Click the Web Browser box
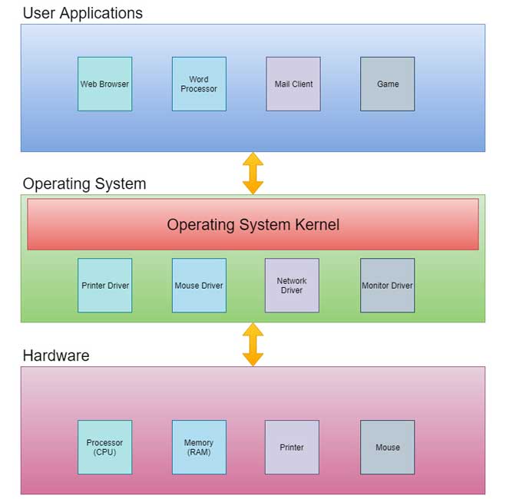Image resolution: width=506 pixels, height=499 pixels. pos(104,84)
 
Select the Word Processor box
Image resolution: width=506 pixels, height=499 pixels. pos(199,84)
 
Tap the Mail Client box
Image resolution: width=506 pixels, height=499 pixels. pos(293,84)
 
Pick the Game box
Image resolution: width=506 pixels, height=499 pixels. pos(387,84)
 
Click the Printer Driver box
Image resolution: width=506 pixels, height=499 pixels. pos(104,286)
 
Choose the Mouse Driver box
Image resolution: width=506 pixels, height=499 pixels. pos(199,286)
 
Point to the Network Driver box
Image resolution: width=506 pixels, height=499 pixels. pos(292,286)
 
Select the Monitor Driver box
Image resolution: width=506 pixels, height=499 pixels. pos(387,286)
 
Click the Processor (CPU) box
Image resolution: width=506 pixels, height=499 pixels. pos(104,447)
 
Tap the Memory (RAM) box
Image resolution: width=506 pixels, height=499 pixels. pos(199,447)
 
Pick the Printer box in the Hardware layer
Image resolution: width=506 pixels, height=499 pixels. pos(292,447)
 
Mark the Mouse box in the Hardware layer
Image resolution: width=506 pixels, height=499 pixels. pos(387,447)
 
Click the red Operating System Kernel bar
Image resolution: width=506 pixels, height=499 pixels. pos(253,224)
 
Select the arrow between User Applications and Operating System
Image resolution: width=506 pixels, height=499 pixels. pos(253,173)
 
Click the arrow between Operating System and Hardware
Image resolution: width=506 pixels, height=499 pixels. pos(253,344)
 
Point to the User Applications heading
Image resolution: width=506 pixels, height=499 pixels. pos(82,13)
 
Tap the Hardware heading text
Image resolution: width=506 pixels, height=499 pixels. pos(56,355)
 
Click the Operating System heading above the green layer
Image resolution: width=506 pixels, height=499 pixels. pos(84,184)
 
